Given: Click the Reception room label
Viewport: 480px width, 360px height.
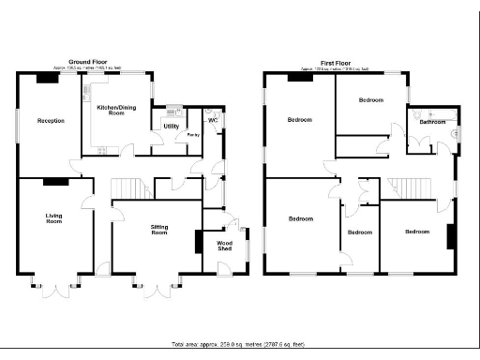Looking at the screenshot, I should coord(50,121).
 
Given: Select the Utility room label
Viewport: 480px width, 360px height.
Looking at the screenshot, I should coord(171,126).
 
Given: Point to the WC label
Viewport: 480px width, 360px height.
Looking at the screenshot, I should coord(213,121).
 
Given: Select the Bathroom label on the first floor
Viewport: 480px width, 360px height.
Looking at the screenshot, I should coord(432,122).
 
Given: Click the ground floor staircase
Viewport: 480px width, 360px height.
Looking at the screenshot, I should coord(131,189).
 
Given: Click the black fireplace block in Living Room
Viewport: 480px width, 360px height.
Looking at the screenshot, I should coord(56,182).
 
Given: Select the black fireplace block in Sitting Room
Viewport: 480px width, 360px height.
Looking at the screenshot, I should coord(198,242).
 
